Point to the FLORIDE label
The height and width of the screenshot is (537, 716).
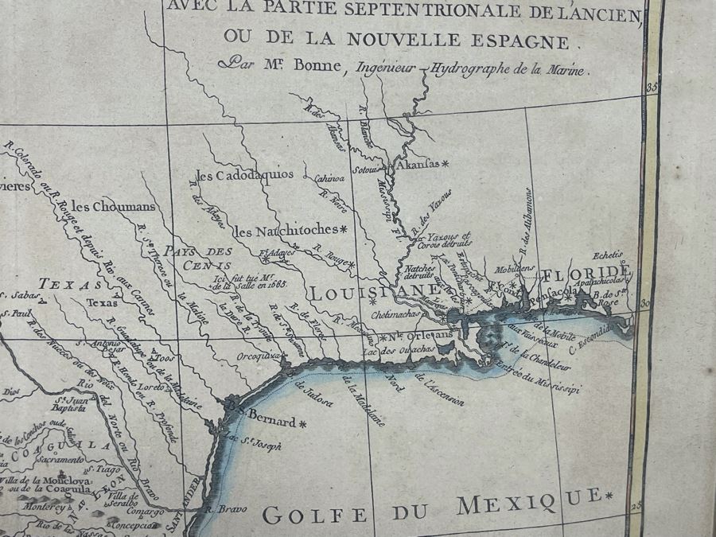(588, 274)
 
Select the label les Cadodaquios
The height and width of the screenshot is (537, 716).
(244, 174)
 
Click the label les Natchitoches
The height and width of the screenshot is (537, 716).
(286, 231)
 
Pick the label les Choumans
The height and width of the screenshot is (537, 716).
(112, 206)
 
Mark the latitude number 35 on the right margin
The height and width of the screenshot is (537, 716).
(653, 88)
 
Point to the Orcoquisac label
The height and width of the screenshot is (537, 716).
(259, 356)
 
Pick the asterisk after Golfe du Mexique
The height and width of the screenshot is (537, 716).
(609, 497)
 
